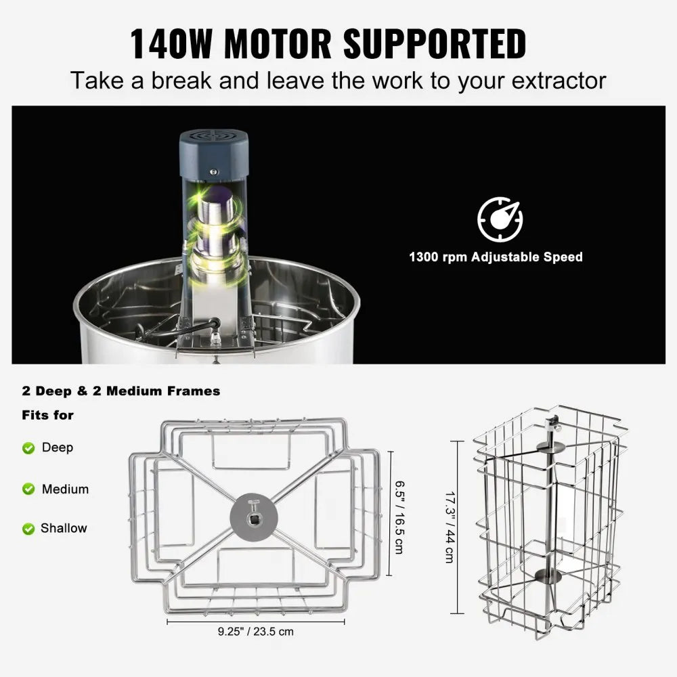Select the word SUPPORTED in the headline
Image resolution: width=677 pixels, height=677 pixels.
(x=435, y=44)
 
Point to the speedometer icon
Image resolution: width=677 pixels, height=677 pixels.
(x=500, y=219)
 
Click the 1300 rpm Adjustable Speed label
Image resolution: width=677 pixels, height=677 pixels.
(x=496, y=257)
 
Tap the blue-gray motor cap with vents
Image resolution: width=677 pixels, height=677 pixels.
(x=213, y=145)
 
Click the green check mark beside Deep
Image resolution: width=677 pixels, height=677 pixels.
(x=28, y=448)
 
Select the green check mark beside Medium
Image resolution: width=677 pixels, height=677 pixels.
(x=28, y=489)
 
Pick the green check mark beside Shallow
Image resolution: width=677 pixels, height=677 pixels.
(x=28, y=529)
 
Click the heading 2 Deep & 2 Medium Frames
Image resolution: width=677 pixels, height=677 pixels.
(x=121, y=391)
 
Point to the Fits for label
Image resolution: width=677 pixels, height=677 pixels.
(x=47, y=414)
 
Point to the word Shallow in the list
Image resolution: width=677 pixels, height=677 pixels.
(x=64, y=528)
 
